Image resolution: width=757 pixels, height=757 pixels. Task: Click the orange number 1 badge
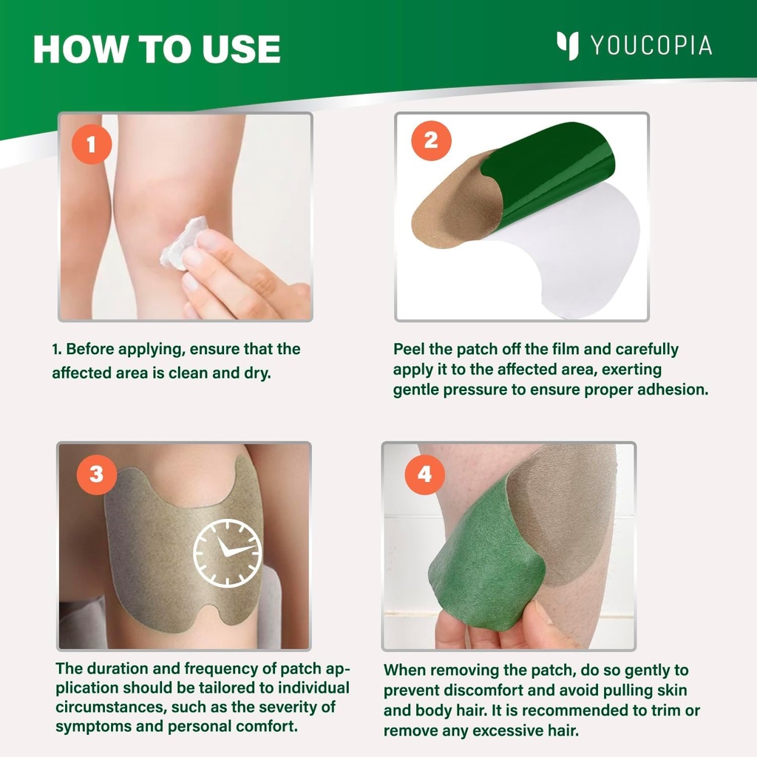[91, 144]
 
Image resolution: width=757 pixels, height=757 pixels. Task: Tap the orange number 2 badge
[430, 140]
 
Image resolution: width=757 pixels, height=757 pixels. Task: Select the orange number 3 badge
[96, 474]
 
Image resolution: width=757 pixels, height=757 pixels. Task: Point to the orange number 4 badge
[424, 474]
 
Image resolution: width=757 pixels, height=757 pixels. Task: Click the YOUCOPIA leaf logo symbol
[568, 45]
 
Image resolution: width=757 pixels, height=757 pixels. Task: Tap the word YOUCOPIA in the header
[651, 46]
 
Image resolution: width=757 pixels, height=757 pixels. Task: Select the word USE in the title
[241, 49]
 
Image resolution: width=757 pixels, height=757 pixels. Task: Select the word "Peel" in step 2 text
[409, 349]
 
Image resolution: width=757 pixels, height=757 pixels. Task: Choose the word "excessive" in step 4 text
[503, 731]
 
